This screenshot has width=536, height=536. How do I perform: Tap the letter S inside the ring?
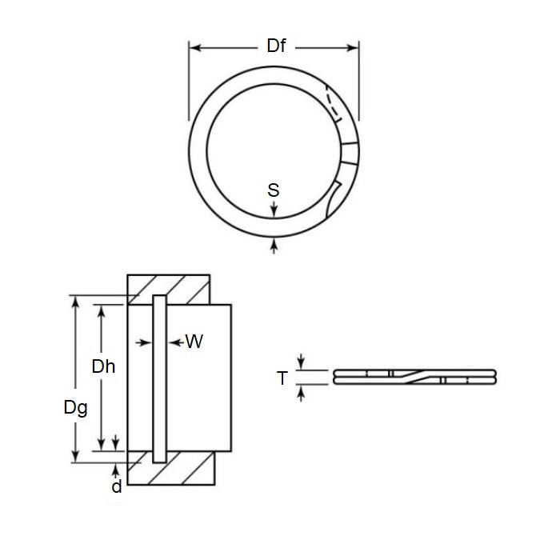[274, 190]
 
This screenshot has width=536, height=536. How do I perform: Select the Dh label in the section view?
[103, 367]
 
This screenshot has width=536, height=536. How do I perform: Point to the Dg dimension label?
[76, 406]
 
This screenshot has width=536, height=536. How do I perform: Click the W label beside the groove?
[194, 342]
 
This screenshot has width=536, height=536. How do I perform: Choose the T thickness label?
[282, 378]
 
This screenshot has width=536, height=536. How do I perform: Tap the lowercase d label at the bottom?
[118, 486]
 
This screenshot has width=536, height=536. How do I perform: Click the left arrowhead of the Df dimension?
[194, 47]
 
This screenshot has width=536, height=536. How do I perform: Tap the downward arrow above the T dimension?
[301, 363]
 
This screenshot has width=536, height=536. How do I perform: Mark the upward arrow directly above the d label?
[117, 468]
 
